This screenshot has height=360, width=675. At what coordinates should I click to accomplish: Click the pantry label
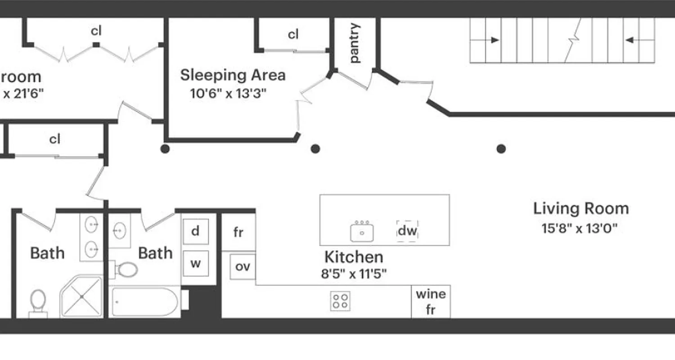pos(355,43)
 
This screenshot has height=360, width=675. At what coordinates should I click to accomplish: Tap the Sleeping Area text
pos(233,75)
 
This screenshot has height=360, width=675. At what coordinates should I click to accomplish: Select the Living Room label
pos(581,209)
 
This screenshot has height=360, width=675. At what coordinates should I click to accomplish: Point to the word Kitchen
pos(354,257)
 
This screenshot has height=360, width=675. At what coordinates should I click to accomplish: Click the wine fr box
pos(431,301)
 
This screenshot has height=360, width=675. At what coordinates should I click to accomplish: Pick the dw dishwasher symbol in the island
pos(407,231)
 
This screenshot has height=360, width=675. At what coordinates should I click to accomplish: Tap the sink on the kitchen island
pos(362,231)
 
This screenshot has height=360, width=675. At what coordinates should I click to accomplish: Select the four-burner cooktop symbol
pos(341,301)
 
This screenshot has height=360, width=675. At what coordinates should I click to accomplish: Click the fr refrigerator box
pos(238,233)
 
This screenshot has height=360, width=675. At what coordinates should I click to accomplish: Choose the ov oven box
pos(243,266)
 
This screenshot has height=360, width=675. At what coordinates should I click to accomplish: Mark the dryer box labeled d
pos(195,231)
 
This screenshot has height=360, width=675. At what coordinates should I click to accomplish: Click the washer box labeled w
pos(195,263)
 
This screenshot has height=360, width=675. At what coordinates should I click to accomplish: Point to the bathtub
pos(145,301)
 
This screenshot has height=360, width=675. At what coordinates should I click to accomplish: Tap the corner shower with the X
pos(82,297)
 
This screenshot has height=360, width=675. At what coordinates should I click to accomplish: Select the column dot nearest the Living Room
pos(501,148)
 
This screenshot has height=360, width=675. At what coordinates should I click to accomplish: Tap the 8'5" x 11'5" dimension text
pos(354,274)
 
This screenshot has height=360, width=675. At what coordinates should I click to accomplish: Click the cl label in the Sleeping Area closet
pos(293,34)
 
